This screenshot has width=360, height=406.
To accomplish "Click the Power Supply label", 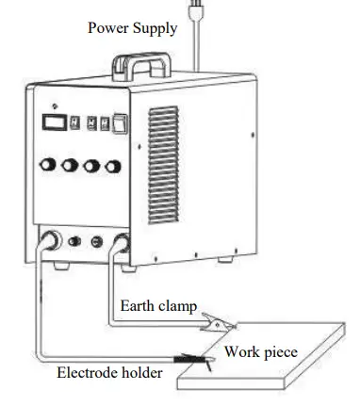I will coord(132,27).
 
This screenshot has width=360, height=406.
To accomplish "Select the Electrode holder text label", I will coord(109,373).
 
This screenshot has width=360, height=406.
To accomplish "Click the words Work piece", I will coord(261,352).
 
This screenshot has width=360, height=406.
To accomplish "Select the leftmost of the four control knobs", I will coord(46,167).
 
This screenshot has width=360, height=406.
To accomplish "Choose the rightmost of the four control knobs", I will coord(114,167).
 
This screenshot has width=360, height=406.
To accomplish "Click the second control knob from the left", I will coord(69,167).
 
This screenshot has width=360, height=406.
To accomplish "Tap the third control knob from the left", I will coord(91,167).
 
